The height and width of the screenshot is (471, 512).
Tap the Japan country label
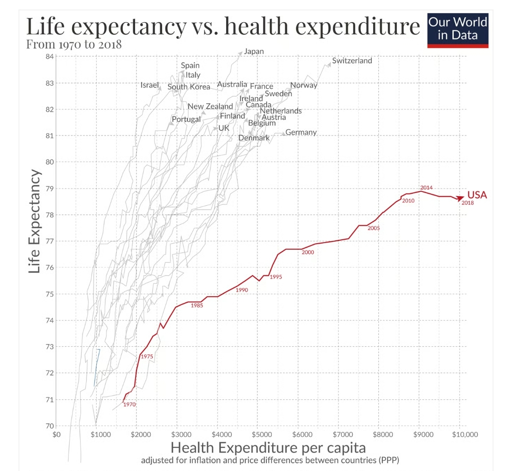click(254, 51)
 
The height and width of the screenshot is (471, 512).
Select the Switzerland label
click(352, 61)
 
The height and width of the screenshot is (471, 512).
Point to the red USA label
click(477, 195)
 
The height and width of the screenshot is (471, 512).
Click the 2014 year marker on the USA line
click(426, 188)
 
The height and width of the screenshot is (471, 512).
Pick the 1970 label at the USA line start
click(129, 405)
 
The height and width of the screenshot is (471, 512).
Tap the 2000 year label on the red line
click(308, 253)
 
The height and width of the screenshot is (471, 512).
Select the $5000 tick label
click(259, 434)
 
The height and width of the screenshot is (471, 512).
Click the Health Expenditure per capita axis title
click(268, 448)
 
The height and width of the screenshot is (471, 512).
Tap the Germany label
click(301, 132)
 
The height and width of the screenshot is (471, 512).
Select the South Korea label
click(189, 87)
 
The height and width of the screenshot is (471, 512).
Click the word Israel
click(150, 85)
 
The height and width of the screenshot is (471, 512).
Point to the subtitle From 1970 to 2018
click(74, 45)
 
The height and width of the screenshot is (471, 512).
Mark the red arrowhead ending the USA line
click(460, 198)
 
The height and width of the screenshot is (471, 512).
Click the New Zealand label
click(210, 107)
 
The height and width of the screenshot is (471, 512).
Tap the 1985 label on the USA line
click(197, 306)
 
